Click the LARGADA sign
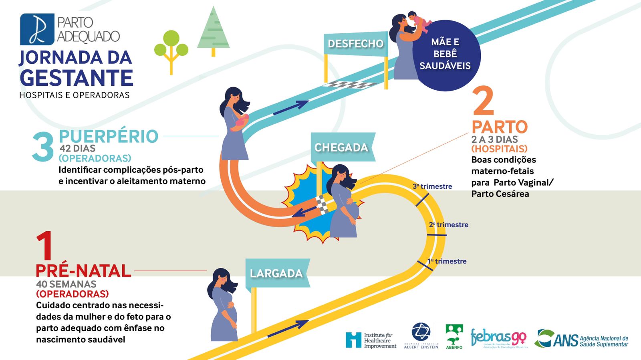pyautogui.click(x=276, y=273)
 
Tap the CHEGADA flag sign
pyautogui.click(x=341, y=147)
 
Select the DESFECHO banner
pyautogui.click(x=355, y=44)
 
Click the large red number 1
pyautogui.click(x=44, y=246)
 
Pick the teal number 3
pyautogui.click(x=42, y=147)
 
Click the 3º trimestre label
pyautogui.click(x=432, y=186)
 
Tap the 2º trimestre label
pyautogui.click(x=449, y=225)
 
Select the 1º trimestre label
pyautogui.click(x=447, y=261)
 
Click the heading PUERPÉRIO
pyautogui.click(x=109, y=136)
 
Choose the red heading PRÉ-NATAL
pyautogui.click(x=83, y=271)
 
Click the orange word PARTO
pyautogui.click(x=500, y=127)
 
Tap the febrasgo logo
pyautogui.click(x=498, y=338)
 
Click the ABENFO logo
pyautogui.click(x=454, y=336)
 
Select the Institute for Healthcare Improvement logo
pyautogui.click(x=371, y=340)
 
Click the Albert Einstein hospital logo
pyautogui.click(x=421, y=335)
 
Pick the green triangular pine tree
pyautogui.click(x=214, y=30)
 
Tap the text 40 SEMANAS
pyautogui.click(x=66, y=284)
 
